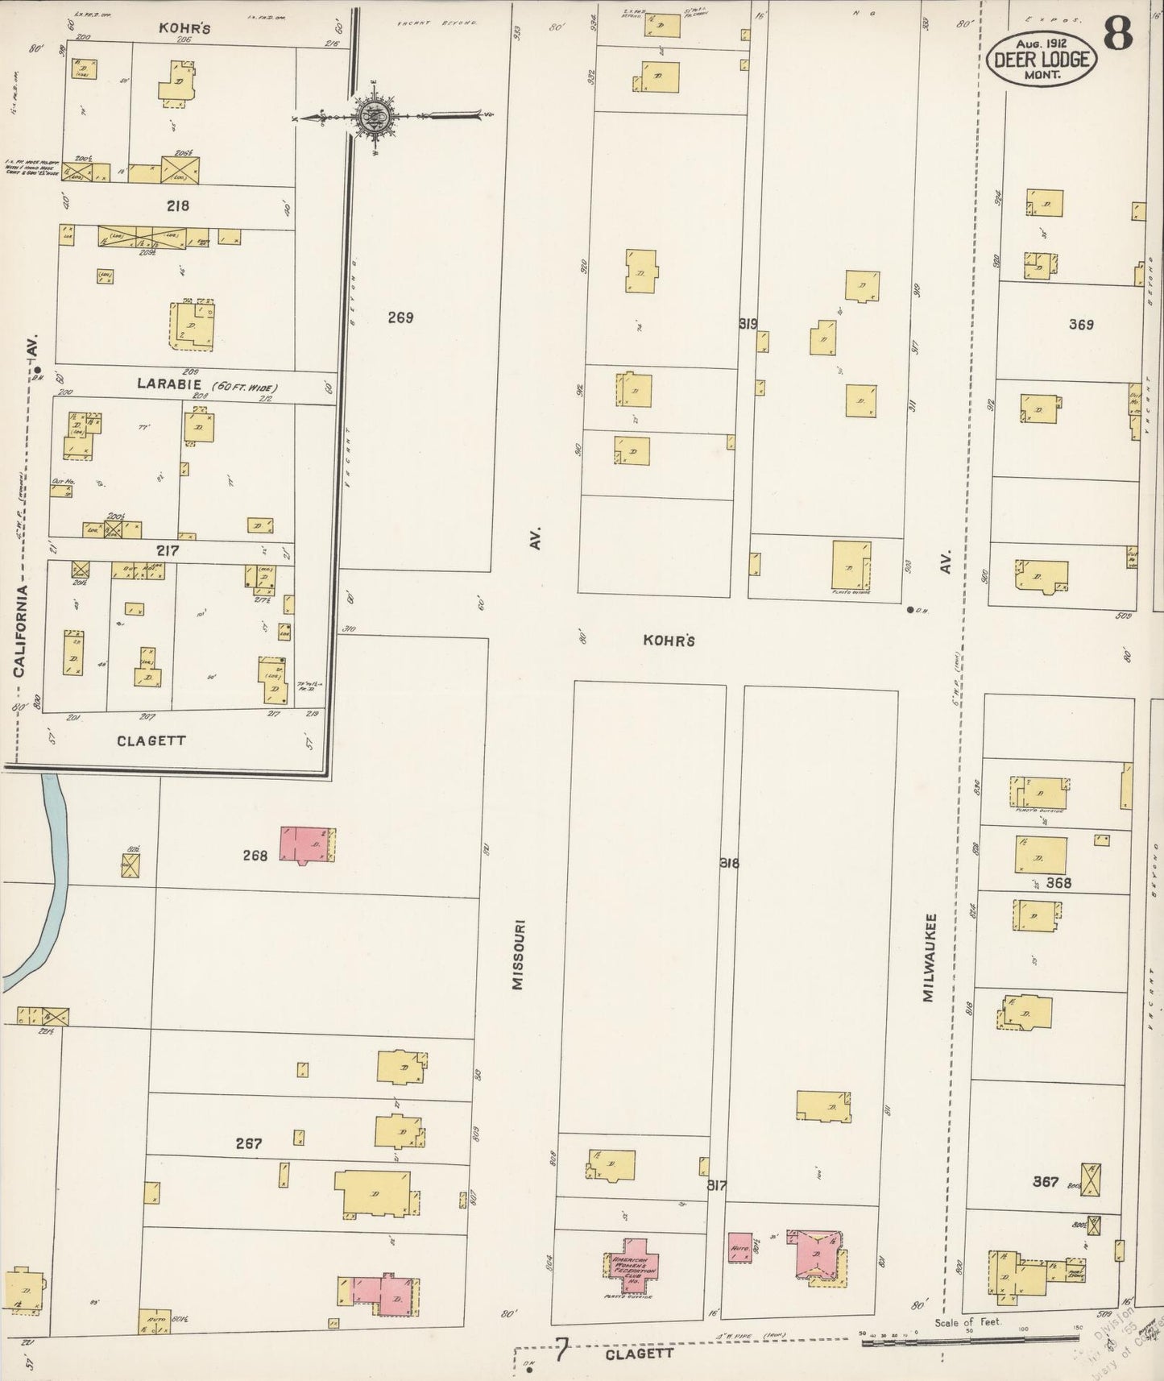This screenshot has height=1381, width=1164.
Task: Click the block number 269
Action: point(400,317)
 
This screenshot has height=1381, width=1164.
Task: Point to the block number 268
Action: point(255,856)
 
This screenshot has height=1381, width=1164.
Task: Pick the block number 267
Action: point(249,1143)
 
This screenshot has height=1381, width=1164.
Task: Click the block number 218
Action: point(177,205)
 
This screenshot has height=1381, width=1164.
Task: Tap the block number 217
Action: point(168,551)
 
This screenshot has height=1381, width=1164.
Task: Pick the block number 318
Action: point(730,863)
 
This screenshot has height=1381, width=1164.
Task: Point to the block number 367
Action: point(1046,1181)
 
